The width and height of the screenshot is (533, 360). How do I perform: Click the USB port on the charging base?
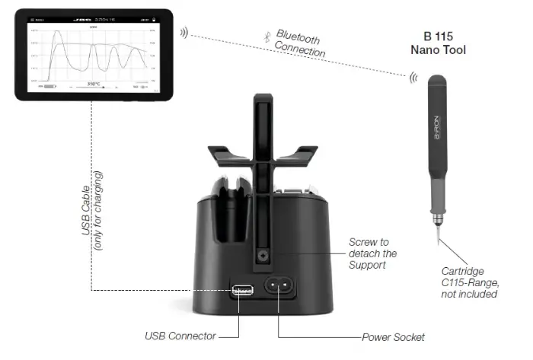point(240,291)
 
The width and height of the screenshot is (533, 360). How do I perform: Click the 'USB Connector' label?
point(180,336)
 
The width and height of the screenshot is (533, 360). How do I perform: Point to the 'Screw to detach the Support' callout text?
point(372,253)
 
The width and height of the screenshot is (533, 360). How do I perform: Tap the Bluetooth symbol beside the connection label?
point(266,33)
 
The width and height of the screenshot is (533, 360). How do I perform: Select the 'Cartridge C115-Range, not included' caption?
point(469,282)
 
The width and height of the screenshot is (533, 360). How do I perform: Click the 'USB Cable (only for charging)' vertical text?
point(91,205)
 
